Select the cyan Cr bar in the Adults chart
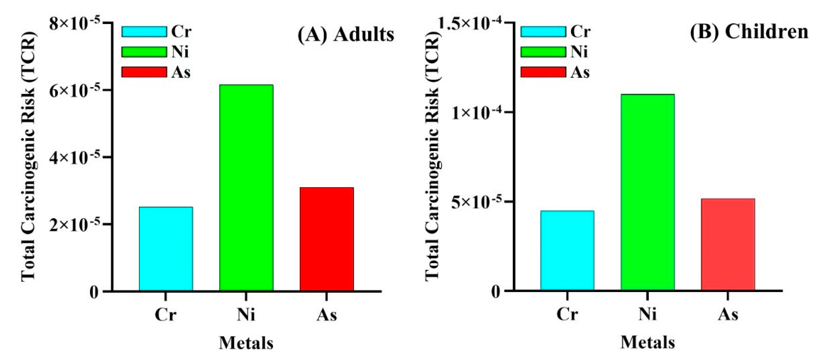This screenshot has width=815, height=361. point(166,249)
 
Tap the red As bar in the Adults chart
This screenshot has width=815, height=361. point(326,239)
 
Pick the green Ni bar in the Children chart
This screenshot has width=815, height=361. point(648,192)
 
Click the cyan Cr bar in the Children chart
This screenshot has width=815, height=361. point(567,250)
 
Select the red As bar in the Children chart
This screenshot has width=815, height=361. point(728,244)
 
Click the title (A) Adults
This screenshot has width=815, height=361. point(346,34)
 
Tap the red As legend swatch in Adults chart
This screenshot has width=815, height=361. point(144,72)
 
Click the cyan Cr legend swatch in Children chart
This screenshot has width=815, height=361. point(543,32)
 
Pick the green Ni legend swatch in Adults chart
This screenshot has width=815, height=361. point(144,52)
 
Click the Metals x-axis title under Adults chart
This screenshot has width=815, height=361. point(246,343)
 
